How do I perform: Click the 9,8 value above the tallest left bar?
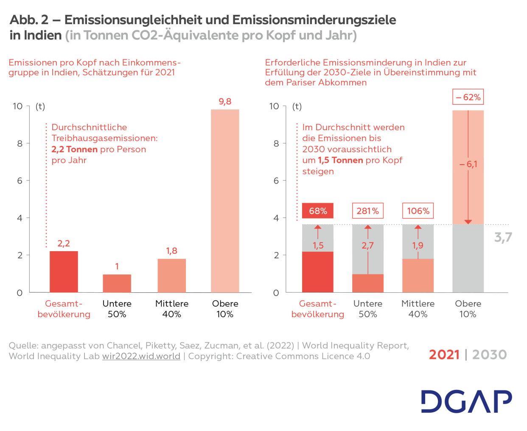pyautogui.click(x=225, y=102)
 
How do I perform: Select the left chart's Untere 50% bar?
pyautogui.click(x=117, y=283)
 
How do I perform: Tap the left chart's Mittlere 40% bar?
pyautogui.click(x=171, y=276)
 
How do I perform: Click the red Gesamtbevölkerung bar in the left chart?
pyautogui.click(x=64, y=271)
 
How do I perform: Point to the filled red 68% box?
pyautogui.click(x=318, y=211)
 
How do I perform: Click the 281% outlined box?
pyautogui.click(x=367, y=211)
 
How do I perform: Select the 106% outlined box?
pyautogui.click(x=418, y=211)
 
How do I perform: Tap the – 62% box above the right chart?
pyautogui.click(x=468, y=97)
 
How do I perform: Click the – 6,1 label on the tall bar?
pyautogui.click(x=468, y=164)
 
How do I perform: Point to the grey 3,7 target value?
pyautogui.click(x=503, y=238)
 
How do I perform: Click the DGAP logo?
pyautogui.click(x=466, y=401)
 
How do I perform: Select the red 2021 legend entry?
pyautogui.click(x=444, y=355)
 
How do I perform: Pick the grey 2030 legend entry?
pyautogui.click(x=490, y=355)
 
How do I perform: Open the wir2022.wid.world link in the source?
pyautogui.click(x=141, y=356)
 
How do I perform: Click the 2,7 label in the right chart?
pyautogui.click(x=367, y=246)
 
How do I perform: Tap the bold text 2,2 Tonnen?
pyautogui.click(x=75, y=149)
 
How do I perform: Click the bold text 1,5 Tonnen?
pyautogui.click(x=340, y=160)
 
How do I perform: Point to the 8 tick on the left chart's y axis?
pyautogui.click(x=20, y=143)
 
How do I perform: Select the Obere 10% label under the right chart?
pyautogui.click(x=468, y=309)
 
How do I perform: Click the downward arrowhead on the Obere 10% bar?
pyautogui.click(x=468, y=222)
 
